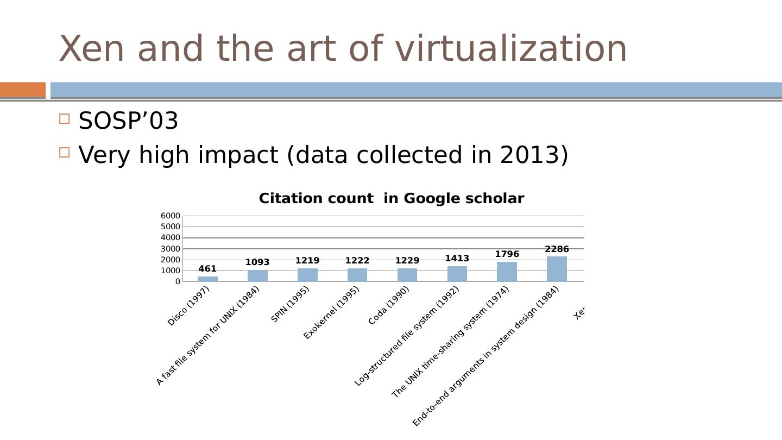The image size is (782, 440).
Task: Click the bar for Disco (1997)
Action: click(x=207, y=279)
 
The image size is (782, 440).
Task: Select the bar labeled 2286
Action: click(x=557, y=269)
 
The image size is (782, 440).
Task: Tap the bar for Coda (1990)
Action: click(x=407, y=275)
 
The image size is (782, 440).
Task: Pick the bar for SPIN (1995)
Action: click(x=307, y=275)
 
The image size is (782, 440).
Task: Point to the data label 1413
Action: click(x=457, y=259)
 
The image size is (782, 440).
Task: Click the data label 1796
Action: click(x=507, y=254)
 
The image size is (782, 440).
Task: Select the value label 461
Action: click(x=207, y=269)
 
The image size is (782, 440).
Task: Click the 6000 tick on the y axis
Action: click(x=170, y=216)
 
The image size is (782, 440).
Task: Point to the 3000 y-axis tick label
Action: click(x=170, y=249)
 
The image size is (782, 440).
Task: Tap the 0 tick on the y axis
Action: click(x=177, y=281)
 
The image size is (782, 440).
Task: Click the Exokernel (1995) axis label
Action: click(x=332, y=313)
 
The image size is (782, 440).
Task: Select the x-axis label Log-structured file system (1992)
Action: click(x=407, y=336)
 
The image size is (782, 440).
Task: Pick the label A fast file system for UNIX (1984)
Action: click(x=208, y=336)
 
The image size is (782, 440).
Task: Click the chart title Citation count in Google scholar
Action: click(x=391, y=199)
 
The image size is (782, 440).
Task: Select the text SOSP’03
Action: click(x=128, y=121)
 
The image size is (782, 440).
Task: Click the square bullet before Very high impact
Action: click(x=65, y=153)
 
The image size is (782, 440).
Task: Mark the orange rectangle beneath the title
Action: click(x=23, y=90)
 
